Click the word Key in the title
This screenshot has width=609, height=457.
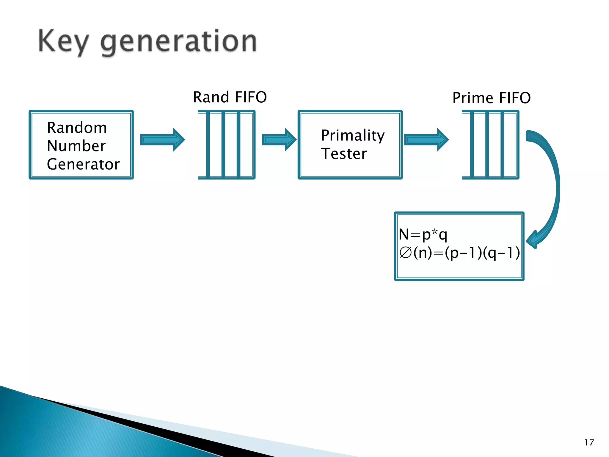[63, 42]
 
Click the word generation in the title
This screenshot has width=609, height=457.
[178, 42]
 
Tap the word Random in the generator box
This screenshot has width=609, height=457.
[77, 128]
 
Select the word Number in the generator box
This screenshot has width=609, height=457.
[76, 146]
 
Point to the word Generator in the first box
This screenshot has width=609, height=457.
[83, 164]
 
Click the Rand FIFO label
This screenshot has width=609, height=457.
[230, 97]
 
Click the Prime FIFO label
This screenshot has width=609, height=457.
[491, 98]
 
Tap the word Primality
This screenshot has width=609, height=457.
[353, 135]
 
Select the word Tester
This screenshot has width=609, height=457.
[344, 154]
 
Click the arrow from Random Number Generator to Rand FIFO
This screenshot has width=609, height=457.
[162, 140]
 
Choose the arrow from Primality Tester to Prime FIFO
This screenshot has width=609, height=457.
[426, 140]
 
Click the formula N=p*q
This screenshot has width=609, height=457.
[423, 234]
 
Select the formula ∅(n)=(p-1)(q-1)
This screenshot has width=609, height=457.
[459, 253]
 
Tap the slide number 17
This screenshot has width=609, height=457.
[589, 442]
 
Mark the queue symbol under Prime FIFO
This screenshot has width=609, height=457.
[490, 145]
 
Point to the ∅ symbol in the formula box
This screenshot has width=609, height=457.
[405, 253]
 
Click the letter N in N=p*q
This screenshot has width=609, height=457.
[404, 234]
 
